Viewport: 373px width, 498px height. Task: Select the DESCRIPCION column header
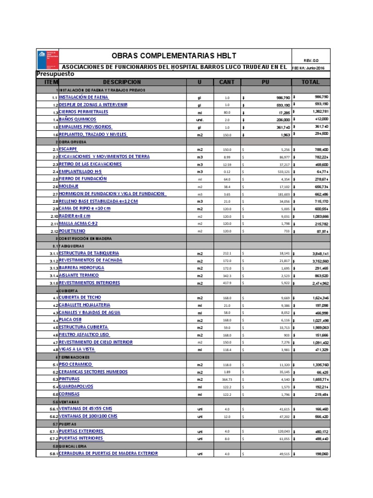pyautogui.click(x=122, y=82)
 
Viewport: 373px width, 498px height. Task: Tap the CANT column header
pyautogui.click(x=226, y=82)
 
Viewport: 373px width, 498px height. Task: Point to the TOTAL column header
pyautogui.click(x=311, y=82)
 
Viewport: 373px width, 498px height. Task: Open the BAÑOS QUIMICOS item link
pyautogui.click(x=78, y=119)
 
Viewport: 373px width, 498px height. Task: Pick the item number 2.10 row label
pyautogui.click(x=53, y=216)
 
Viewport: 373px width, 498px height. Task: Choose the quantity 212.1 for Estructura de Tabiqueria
pyautogui.click(x=227, y=253)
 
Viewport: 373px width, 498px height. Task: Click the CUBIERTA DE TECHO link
pyautogui.click(x=81, y=297)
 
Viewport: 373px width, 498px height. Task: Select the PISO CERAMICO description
pyautogui.click(x=76, y=364)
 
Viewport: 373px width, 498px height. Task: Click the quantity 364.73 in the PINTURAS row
pyautogui.click(x=227, y=379)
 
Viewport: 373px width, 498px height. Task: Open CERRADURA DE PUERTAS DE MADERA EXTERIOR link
pyautogui.click(x=108, y=453)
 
